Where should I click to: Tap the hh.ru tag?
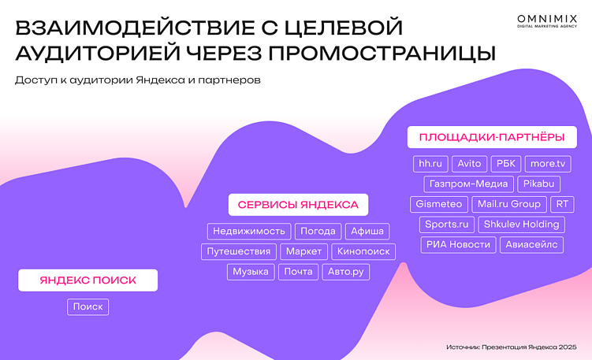point(430,164)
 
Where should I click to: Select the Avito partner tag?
point(469,164)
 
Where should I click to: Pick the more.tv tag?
point(548,164)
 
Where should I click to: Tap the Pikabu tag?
point(539,184)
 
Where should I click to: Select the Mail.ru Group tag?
point(509,204)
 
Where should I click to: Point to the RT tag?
point(561,204)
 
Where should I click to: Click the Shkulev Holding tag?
point(521,225)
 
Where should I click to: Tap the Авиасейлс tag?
point(532,245)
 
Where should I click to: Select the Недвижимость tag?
point(248,232)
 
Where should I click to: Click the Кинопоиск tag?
point(363,252)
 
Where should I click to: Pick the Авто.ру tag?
point(345,272)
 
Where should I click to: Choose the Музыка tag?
point(251,272)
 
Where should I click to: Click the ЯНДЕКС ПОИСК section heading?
point(88,280)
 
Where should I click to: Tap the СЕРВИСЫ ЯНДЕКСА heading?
point(298,205)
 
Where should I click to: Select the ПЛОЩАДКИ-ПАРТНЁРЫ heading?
point(492,137)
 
